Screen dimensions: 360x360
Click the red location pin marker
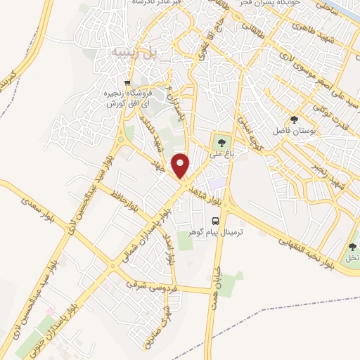(x=181, y=165)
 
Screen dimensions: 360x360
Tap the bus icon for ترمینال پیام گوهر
(x=216, y=220)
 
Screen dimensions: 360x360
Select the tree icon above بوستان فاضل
(x=294, y=120)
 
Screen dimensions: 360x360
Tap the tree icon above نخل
(x=352, y=247)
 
